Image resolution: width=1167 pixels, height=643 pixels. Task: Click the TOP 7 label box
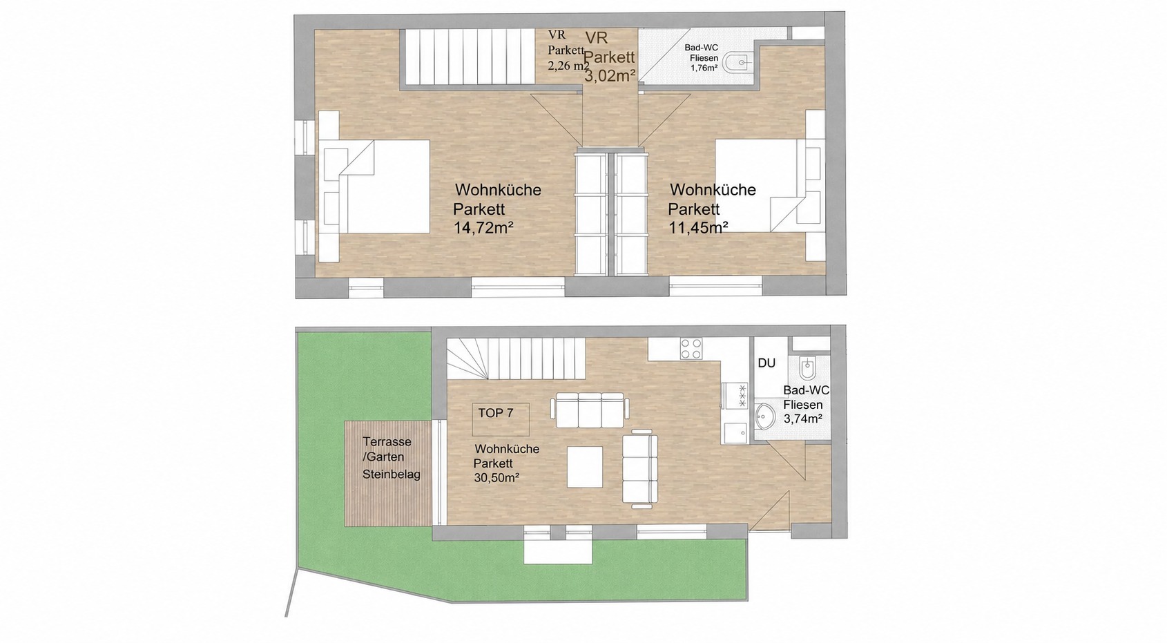click(x=501, y=419)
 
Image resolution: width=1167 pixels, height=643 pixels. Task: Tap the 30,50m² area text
click(x=496, y=478)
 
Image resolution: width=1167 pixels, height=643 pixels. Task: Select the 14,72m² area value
click(x=484, y=228)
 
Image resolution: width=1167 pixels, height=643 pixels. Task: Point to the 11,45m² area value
click(x=698, y=227)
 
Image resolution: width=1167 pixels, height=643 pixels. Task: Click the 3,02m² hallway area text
click(x=610, y=76)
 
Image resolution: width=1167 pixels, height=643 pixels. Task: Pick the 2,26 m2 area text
click(x=568, y=66)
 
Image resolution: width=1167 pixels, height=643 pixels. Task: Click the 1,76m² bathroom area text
click(x=704, y=68)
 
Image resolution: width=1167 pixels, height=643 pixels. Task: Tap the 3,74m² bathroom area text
click(x=803, y=418)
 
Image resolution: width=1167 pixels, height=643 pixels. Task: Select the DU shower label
click(x=766, y=363)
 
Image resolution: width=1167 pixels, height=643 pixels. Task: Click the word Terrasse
click(x=387, y=441)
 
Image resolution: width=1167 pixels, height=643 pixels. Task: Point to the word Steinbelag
click(x=392, y=474)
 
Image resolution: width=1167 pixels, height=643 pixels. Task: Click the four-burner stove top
click(x=691, y=349)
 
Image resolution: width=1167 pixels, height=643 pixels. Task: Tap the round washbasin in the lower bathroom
click(x=765, y=416)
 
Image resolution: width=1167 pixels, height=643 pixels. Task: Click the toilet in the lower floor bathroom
click(x=807, y=368)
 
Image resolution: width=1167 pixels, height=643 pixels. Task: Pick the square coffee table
click(x=585, y=466)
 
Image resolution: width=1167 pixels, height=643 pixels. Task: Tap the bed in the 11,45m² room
click(x=770, y=186)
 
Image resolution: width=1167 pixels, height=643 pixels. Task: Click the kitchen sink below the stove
click(x=735, y=432)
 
